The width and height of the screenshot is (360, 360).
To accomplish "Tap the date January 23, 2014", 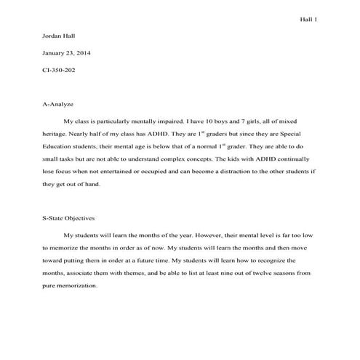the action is (x=68, y=53).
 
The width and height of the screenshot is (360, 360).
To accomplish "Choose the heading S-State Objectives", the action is (x=75, y=218).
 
